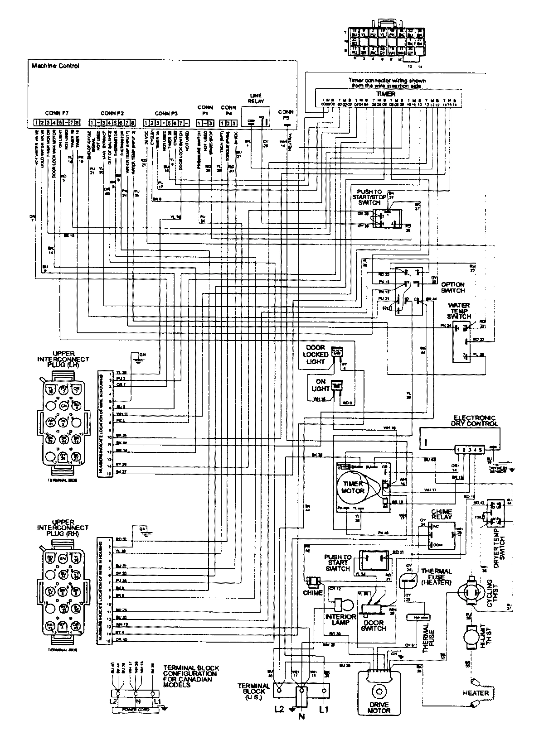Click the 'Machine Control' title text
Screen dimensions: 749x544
(55, 66)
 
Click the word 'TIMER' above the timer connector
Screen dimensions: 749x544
(385, 94)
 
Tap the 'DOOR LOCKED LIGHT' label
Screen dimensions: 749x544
(315, 355)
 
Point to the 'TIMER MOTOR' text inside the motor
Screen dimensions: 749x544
(353, 487)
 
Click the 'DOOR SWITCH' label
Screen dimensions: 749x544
(375, 626)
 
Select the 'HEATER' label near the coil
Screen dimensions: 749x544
(476, 693)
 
